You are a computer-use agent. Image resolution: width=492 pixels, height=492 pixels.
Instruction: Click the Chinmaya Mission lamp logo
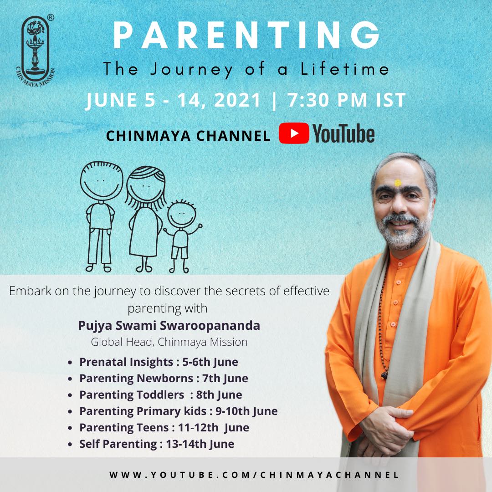(x=35, y=50)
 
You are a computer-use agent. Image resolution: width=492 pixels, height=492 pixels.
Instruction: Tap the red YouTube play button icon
(x=294, y=133)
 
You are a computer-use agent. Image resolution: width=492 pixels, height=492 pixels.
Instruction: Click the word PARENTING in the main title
(x=246, y=36)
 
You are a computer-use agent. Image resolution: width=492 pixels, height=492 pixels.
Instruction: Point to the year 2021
(x=238, y=100)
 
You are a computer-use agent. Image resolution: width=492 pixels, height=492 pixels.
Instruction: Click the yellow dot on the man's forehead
(x=398, y=183)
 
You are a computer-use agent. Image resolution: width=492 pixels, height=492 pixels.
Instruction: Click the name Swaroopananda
(x=210, y=325)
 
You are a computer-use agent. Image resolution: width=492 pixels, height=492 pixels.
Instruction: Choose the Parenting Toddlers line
(x=161, y=395)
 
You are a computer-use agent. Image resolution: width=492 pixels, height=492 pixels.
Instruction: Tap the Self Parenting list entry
(x=157, y=444)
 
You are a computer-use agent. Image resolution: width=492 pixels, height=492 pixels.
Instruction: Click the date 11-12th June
(x=214, y=428)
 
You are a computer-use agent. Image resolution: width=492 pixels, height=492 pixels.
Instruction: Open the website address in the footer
(x=254, y=475)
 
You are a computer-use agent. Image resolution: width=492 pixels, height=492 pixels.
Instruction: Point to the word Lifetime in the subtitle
(x=345, y=69)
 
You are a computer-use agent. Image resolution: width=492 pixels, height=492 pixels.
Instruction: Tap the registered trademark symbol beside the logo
(x=50, y=18)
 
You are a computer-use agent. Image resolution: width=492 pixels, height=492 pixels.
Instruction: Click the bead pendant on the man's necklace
(x=384, y=374)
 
